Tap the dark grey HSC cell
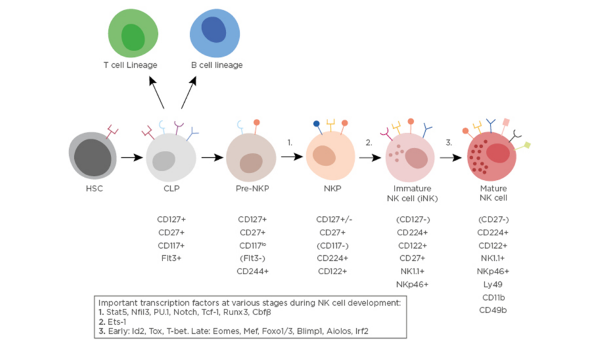coord(93,156)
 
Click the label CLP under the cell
coord(171,189)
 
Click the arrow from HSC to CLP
coord(131,157)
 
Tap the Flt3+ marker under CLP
coord(171,258)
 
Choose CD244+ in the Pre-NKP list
coord(251,271)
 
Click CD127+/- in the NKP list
coord(334,219)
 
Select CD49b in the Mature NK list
coord(493,310)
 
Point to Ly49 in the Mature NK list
coord(493,284)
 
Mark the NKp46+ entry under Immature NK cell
coord(412,284)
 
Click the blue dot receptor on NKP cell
coord(316,123)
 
